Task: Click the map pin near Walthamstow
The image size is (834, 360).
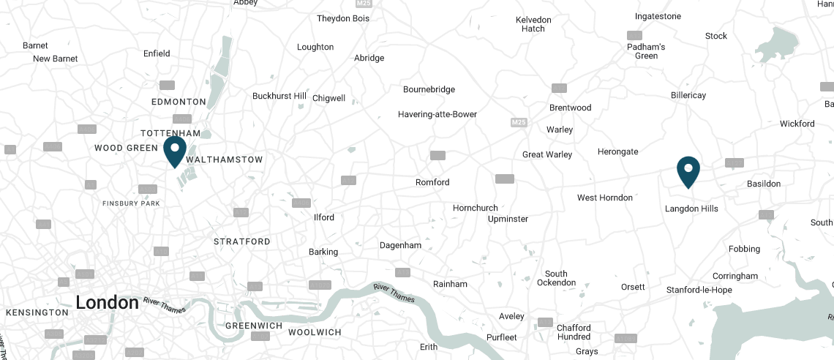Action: pyautogui.click(x=175, y=151)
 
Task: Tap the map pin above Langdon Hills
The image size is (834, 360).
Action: pyautogui.click(x=688, y=170)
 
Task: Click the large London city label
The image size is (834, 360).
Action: pyautogui.click(x=107, y=302)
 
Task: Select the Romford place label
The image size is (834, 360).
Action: pyautogui.click(x=432, y=182)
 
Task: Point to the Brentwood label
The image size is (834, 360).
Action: pyautogui.click(x=570, y=108)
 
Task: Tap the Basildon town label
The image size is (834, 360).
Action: pyautogui.click(x=763, y=184)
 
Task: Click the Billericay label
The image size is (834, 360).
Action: pyautogui.click(x=688, y=95)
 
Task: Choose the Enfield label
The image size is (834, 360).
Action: pyautogui.click(x=157, y=53)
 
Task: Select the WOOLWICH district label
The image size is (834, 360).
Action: pyautogui.click(x=315, y=332)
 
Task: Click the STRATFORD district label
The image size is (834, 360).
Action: pyautogui.click(x=241, y=241)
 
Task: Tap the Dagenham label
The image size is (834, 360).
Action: pyautogui.click(x=401, y=246)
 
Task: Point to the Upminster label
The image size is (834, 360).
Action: pyautogui.click(x=507, y=219)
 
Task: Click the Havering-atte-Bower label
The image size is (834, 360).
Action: pyautogui.click(x=437, y=114)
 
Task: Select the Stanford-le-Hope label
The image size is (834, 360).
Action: pyautogui.click(x=699, y=290)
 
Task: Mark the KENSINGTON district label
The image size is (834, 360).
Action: pyautogui.click(x=37, y=312)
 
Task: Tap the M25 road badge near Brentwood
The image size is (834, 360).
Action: pyautogui.click(x=519, y=121)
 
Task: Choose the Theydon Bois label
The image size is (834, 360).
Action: pyautogui.click(x=342, y=18)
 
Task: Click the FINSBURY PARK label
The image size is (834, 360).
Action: pyautogui.click(x=131, y=203)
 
